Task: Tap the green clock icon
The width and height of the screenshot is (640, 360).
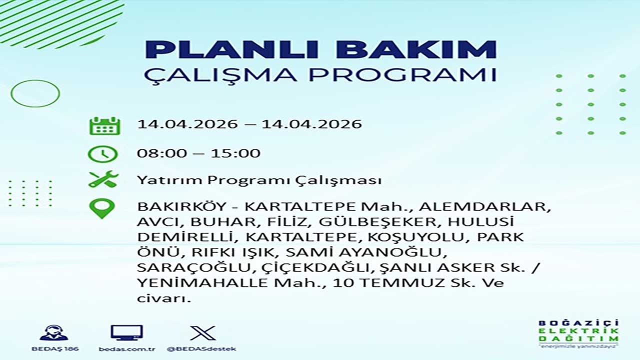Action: click(102, 154)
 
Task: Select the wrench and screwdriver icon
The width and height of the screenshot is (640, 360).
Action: click(103, 179)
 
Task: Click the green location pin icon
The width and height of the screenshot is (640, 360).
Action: click(102, 209)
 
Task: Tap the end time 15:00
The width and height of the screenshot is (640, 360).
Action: click(235, 153)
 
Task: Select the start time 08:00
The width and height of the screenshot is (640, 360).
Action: click(162, 153)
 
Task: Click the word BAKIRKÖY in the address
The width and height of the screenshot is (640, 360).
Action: click(181, 206)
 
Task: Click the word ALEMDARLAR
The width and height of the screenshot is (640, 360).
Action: click(484, 206)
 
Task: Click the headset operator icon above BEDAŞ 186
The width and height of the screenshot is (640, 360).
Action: click(54, 333)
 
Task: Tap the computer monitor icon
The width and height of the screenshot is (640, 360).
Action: click(127, 333)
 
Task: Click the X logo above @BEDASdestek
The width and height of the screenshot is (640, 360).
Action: click(203, 333)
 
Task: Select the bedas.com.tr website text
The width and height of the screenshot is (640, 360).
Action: click(127, 349)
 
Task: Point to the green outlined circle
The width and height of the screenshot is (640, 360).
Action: click(11, 93)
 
